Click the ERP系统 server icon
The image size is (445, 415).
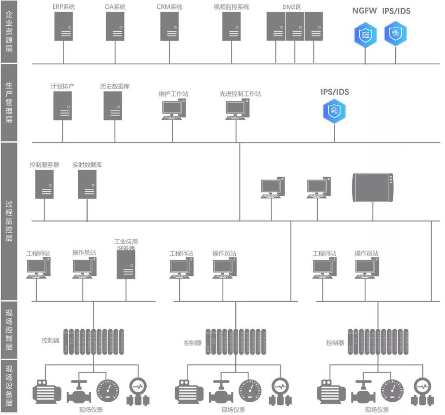(x=63, y=26)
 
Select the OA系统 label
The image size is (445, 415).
(x=115, y=7)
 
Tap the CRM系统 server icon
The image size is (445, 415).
(x=169, y=26)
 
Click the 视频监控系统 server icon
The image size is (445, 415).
(x=232, y=26)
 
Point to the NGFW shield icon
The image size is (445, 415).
(x=365, y=35)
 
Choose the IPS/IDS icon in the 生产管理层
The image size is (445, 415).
(x=334, y=111)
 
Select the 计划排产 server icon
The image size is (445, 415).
(x=63, y=106)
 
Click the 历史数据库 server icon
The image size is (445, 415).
(x=113, y=106)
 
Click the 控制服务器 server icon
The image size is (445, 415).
(x=44, y=184)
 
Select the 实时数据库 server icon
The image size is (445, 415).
(x=87, y=184)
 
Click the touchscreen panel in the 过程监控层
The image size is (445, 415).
(x=373, y=188)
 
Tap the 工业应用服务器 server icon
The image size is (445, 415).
(x=126, y=265)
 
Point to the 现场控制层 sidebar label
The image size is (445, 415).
(x=9, y=330)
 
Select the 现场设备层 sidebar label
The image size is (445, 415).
(x=9, y=386)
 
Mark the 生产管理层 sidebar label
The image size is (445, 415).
(x=9, y=103)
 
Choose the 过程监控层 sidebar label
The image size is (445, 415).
(x=9, y=221)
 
